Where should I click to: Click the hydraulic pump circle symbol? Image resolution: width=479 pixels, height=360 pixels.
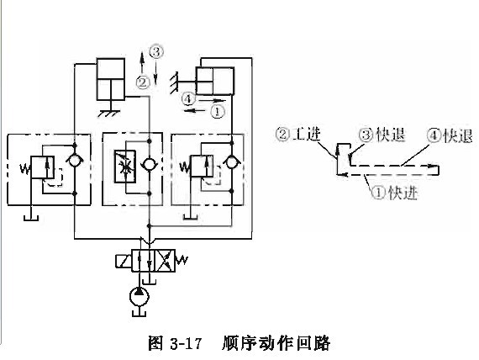pyautogui.click(x=139, y=296)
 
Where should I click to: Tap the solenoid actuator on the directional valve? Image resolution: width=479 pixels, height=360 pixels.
pyautogui.click(x=123, y=261)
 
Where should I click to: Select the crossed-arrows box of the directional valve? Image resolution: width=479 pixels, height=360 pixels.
pyautogui.click(x=166, y=261)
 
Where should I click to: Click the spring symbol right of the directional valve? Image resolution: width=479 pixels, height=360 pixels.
pyautogui.click(x=182, y=260)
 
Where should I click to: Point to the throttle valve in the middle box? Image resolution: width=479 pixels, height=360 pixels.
pyautogui.click(x=125, y=167)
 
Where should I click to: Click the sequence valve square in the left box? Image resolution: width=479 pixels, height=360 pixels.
pyautogui.click(x=43, y=167)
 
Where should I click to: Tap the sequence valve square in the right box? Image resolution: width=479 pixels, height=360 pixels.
pyautogui.click(x=202, y=166)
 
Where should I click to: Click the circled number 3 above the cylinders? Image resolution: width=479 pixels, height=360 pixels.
pyautogui.click(x=156, y=52)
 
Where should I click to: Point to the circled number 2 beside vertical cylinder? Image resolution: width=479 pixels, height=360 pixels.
pyautogui.click(x=143, y=82)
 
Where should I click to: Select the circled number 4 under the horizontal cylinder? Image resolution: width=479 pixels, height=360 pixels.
pyautogui.click(x=188, y=98)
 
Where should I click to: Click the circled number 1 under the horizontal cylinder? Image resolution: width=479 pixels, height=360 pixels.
pyautogui.click(x=218, y=111)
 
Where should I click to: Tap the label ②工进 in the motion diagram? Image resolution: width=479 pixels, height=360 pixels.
pyautogui.click(x=298, y=134)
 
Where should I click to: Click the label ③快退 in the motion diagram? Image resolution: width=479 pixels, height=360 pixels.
pyautogui.click(x=382, y=135)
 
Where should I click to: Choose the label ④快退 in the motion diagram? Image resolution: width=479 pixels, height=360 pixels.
pyautogui.click(x=450, y=135)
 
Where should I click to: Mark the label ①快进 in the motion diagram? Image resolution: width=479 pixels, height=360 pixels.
pyautogui.click(x=395, y=193)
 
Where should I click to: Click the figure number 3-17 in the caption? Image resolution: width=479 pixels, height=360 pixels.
pyautogui.click(x=186, y=343)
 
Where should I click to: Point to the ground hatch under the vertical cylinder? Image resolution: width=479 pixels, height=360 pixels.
pyautogui.click(x=108, y=113)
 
